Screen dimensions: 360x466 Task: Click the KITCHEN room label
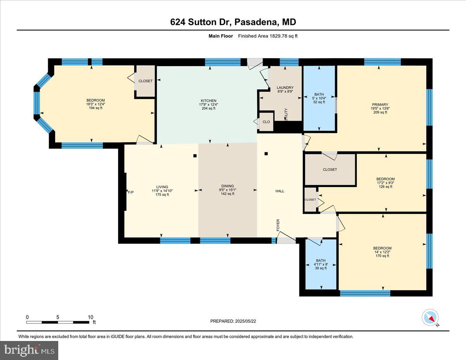[x=209, y=101]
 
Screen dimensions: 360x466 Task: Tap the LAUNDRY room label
[x=285, y=88]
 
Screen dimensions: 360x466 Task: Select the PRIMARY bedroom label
[x=380, y=104]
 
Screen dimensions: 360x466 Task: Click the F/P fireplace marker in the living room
[x=130, y=192]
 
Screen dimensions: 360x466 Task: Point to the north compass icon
[x=430, y=317]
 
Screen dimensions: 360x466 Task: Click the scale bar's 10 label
[x=90, y=317]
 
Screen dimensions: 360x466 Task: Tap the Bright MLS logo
[x=29, y=350]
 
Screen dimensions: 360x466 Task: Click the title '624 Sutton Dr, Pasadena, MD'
[x=233, y=22]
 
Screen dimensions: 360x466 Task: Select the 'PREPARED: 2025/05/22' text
[x=233, y=321]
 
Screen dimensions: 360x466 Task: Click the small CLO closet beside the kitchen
[x=266, y=122]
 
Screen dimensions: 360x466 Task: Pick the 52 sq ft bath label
[x=319, y=102]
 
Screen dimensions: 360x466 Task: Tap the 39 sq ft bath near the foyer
[x=321, y=268]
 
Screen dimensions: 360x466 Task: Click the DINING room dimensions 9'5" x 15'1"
[x=228, y=190]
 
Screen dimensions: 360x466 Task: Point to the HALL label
[x=280, y=191]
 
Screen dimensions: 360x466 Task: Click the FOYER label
[x=278, y=225]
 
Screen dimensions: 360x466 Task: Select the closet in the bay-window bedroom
[x=146, y=81]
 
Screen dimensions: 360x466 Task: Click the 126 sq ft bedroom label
[x=385, y=186]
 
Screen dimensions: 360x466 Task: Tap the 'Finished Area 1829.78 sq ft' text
[x=268, y=36]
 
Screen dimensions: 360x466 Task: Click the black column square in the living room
[x=195, y=156]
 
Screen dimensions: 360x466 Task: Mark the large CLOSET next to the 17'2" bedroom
[x=330, y=170]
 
